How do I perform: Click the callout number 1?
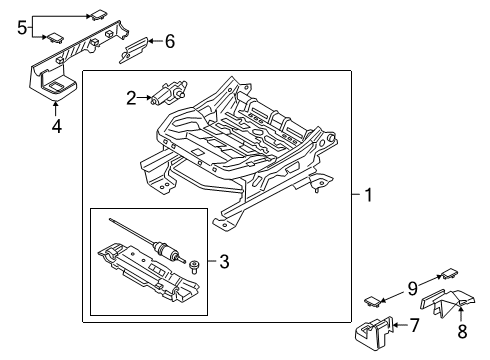click(x=368, y=196)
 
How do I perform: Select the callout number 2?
click(x=131, y=97)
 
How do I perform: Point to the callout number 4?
click(x=55, y=128)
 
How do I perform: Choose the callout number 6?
click(x=169, y=41)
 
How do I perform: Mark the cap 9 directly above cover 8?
click(x=448, y=272)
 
